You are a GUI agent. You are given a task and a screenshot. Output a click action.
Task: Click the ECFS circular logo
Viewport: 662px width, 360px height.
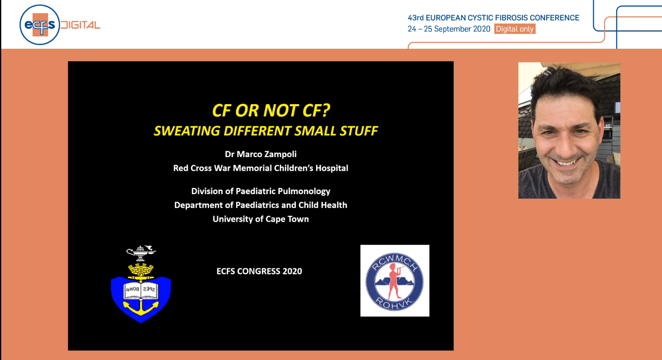pos(39,25)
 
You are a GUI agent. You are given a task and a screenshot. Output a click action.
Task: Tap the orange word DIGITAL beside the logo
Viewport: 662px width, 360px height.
pos(80,25)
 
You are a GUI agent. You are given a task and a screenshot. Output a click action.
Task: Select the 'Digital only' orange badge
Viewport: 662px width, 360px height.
pos(515,29)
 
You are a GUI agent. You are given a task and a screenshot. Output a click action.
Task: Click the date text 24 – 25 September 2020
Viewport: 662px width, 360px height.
pos(449,29)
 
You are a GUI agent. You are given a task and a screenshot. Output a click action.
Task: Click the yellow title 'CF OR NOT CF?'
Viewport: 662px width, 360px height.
pos(271,110)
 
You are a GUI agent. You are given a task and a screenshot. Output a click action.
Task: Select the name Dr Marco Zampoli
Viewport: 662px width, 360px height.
pos(261,154)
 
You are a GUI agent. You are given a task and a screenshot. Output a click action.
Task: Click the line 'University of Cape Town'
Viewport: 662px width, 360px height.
pos(261,219)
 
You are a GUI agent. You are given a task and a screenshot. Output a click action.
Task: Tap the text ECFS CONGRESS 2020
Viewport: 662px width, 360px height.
pos(259,271)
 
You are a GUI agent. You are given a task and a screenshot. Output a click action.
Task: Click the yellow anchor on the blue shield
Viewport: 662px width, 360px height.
pos(141,307)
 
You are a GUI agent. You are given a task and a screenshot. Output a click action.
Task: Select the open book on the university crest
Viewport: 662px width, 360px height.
pos(141,290)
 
